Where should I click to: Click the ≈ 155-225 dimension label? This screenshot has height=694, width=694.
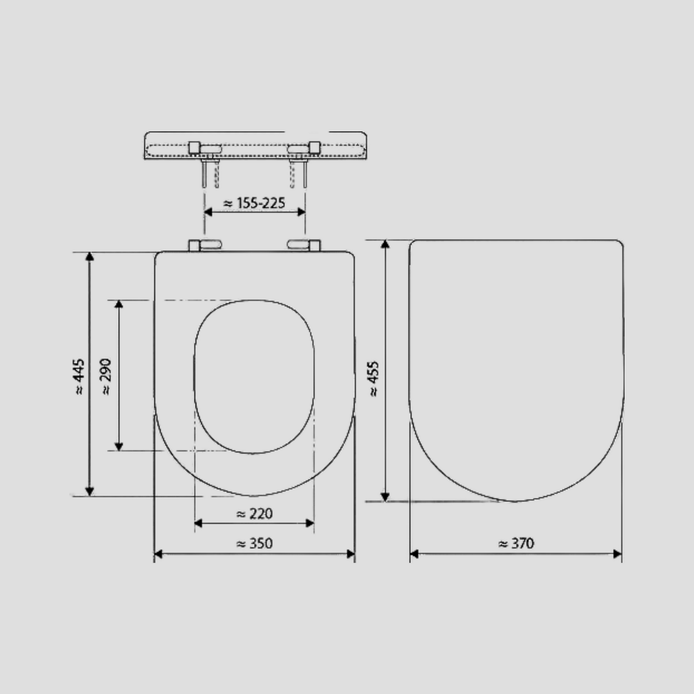255,203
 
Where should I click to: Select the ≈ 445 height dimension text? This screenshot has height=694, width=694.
80,377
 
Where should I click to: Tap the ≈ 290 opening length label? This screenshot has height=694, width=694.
107,377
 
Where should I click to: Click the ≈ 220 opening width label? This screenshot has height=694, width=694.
255,514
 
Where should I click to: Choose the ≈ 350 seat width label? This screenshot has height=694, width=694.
255,544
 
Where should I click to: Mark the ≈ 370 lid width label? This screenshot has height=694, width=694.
516,544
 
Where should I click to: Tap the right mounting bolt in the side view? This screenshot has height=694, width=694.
304,174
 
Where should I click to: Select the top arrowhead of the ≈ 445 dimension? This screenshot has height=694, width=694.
89,256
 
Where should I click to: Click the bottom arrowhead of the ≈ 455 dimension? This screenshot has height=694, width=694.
385,497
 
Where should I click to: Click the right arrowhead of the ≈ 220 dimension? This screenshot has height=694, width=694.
310,523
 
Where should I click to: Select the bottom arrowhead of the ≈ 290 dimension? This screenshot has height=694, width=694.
119,446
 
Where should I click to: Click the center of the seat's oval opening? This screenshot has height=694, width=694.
254,377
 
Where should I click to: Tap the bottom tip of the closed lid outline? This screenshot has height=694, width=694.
516,501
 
